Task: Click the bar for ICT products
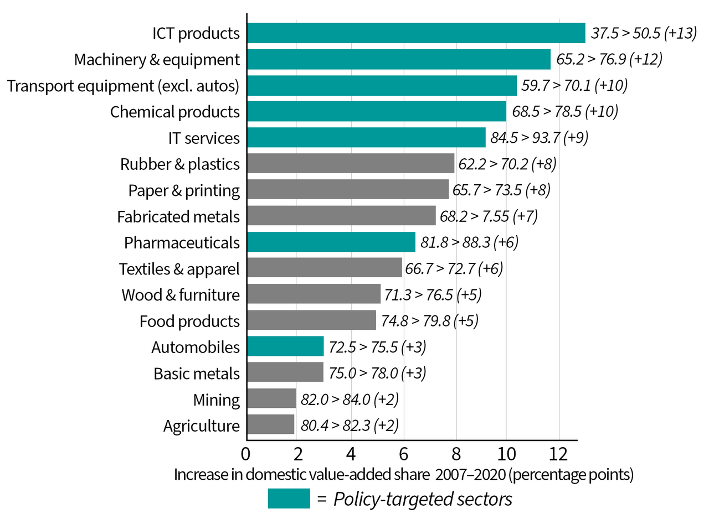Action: [x=415, y=33]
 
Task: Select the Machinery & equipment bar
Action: [x=399, y=59]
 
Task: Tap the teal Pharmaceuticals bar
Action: [x=331, y=242]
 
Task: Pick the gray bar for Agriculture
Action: [x=270, y=425]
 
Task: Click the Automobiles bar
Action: [x=285, y=347]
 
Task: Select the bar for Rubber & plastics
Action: [x=350, y=164]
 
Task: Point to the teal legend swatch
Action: [x=289, y=499]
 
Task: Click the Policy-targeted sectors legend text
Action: [x=422, y=499]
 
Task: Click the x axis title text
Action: [x=404, y=475]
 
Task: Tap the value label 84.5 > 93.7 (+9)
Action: [x=539, y=138]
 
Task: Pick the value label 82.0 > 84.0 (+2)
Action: [x=350, y=399]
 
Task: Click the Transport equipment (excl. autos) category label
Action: [x=123, y=86]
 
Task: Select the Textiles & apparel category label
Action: [x=179, y=269]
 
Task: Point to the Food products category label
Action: [x=189, y=321]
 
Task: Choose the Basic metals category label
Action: [x=197, y=373]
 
